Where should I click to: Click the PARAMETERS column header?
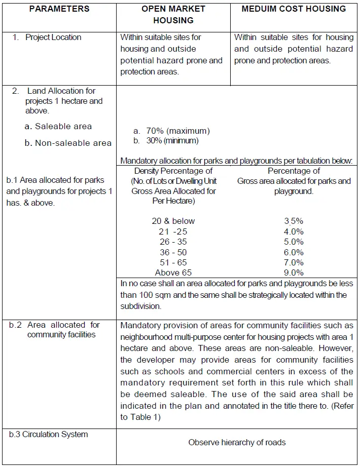click(59, 9)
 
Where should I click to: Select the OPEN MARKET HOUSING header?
click(173, 15)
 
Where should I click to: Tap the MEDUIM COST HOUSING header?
click(294, 9)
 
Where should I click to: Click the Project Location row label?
click(53, 37)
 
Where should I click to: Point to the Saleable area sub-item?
click(63, 127)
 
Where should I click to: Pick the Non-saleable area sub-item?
click(73, 143)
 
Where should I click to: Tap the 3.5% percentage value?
click(294, 221)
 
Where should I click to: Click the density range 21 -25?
click(173, 231)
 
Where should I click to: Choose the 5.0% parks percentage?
click(294, 242)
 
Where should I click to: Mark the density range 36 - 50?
click(173, 252)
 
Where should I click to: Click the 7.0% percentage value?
click(294, 262)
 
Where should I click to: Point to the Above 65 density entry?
click(173, 273)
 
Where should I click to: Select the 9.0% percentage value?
click(294, 273)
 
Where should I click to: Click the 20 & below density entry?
click(173, 221)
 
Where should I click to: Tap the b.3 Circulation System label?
click(49, 435)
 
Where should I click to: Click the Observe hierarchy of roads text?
click(237, 443)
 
